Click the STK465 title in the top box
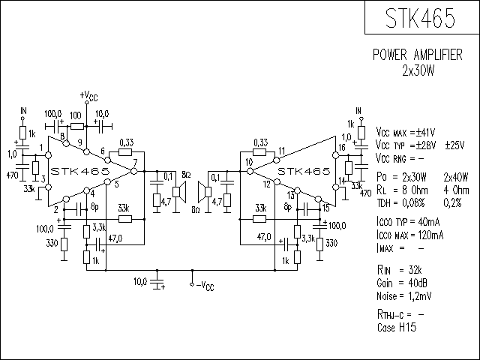(420, 18)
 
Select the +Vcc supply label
(88, 96)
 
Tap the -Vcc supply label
(205, 286)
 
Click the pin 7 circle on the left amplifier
(134, 171)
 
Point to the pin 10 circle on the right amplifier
(250, 171)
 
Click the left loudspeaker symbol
(180, 192)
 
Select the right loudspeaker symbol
(205, 192)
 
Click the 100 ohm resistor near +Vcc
(76, 126)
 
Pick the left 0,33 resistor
(125, 152)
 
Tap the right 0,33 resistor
(259, 152)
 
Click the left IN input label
(23, 110)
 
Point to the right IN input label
(358, 110)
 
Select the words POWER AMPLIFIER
(418, 55)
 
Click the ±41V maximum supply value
(425, 133)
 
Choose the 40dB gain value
(418, 283)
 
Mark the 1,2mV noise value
(420, 296)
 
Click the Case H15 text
(397, 327)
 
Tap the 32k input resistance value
(415, 270)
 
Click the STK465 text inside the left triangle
(80, 171)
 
